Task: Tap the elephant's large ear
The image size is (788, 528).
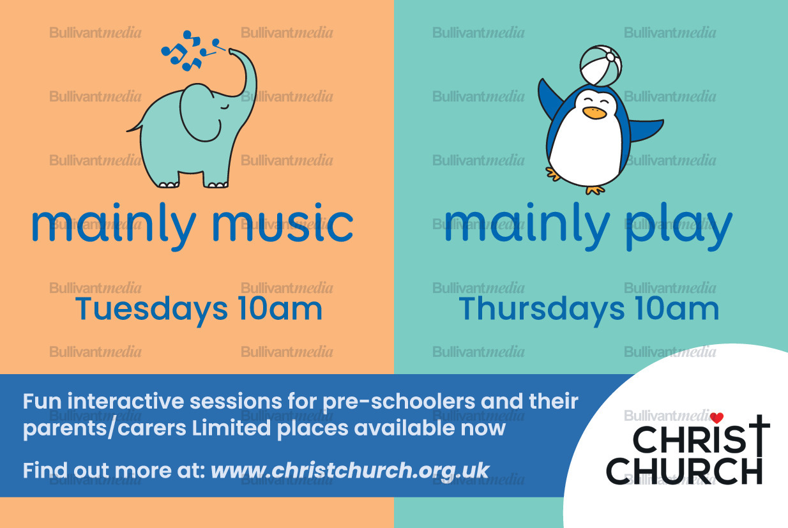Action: (x=199, y=112)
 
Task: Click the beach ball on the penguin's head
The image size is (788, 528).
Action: (x=600, y=65)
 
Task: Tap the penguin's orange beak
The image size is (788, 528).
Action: (x=594, y=112)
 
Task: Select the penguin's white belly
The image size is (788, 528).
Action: (x=586, y=147)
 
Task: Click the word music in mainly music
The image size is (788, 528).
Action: (x=282, y=223)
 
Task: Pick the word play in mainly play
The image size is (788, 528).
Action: (x=679, y=226)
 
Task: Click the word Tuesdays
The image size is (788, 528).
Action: (x=151, y=310)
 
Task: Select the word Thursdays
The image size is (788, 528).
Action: (x=542, y=310)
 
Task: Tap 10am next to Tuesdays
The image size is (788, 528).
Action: (x=280, y=308)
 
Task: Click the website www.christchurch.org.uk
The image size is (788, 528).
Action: (x=350, y=471)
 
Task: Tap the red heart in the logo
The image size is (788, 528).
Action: (x=716, y=418)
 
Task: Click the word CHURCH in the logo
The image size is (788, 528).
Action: (x=684, y=471)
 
